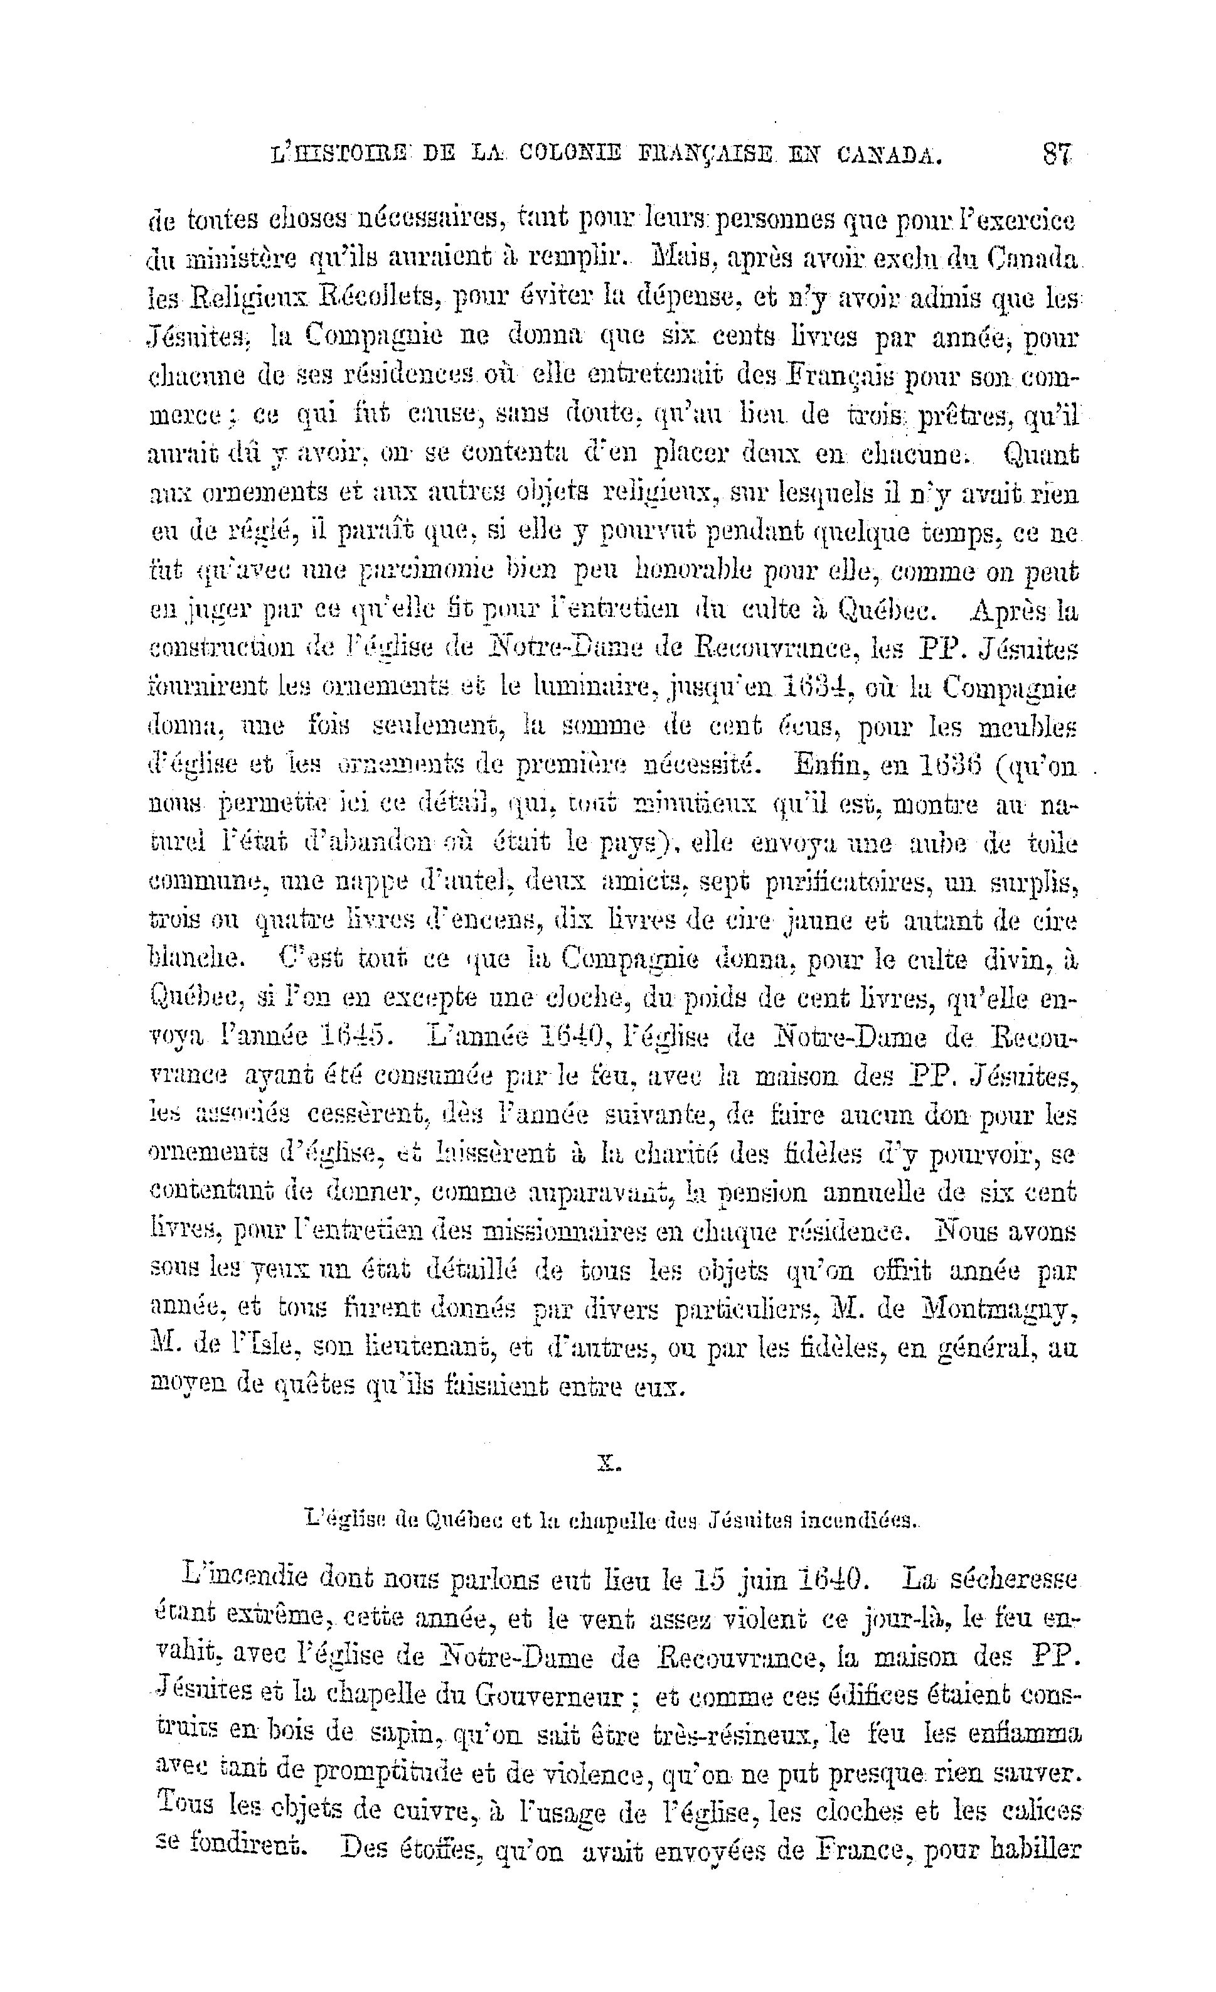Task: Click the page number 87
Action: [x=1057, y=152]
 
